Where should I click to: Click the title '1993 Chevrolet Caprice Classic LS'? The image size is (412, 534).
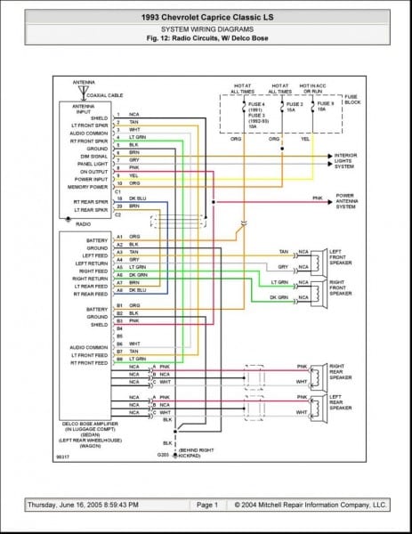coord(206,17)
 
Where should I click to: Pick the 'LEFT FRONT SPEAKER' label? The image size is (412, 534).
coord(342,256)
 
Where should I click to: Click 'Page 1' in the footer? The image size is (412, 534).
coord(206,505)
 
